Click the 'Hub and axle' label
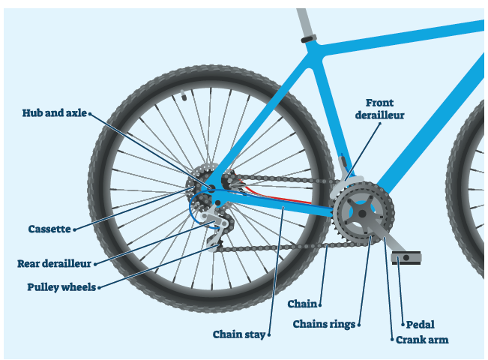[x=54, y=114]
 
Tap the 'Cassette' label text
[x=49, y=229]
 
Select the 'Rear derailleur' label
[x=54, y=264]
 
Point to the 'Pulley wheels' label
[x=61, y=287]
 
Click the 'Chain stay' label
[x=238, y=334]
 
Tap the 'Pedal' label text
[x=421, y=325]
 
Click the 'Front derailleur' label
[x=385, y=109]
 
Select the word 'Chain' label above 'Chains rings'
[x=302, y=304]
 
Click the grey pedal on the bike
[x=406, y=257]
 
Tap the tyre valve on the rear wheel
[x=182, y=96]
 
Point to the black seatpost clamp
[x=307, y=38]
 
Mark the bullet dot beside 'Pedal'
[x=403, y=325]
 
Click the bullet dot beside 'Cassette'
[x=75, y=229]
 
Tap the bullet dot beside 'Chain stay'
[x=268, y=334]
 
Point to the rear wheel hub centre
[x=211, y=188]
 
